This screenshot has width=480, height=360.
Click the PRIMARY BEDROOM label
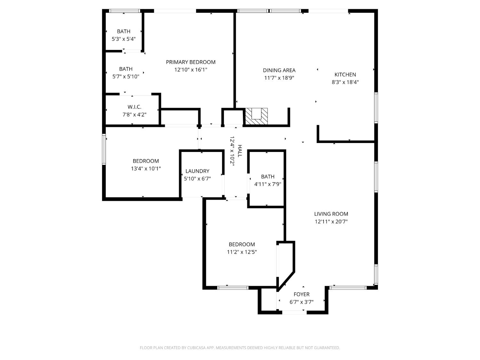pyautogui.click(x=190, y=62)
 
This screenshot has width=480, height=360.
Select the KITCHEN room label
pyautogui.click(x=345, y=75)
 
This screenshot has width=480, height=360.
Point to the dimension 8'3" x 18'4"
pyautogui.click(x=345, y=82)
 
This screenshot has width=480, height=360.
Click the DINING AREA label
pyautogui.click(x=279, y=70)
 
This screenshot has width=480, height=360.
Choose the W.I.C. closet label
pyautogui.click(x=134, y=107)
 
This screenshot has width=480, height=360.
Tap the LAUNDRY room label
pyautogui.click(x=197, y=171)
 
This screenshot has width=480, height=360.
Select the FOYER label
pyautogui.click(x=301, y=294)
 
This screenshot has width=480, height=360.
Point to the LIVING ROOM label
pyautogui.click(x=331, y=214)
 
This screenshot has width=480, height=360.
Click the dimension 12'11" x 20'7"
pyautogui.click(x=331, y=221)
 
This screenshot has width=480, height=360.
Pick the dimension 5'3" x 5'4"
pyautogui.click(x=124, y=39)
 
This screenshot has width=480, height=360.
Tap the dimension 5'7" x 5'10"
pyautogui.click(x=126, y=76)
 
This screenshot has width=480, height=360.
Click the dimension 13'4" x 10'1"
pyautogui.click(x=146, y=169)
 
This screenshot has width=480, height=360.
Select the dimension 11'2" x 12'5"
pyautogui.click(x=242, y=252)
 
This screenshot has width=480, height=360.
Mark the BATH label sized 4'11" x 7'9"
pyautogui.click(x=268, y=177)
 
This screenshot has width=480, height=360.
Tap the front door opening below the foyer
pyautogui.click(x=294, y=312)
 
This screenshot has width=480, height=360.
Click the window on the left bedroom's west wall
pyautogui.click(x=104, y=149)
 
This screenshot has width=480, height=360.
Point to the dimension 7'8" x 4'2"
pyautogui.click(x=134, y=115)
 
